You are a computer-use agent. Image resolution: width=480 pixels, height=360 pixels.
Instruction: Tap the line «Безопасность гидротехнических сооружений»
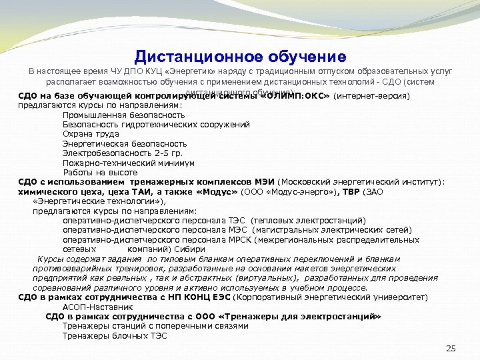click(x=156, y=124)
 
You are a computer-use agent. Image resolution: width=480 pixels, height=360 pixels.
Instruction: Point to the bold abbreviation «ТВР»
click(x=351, y=191)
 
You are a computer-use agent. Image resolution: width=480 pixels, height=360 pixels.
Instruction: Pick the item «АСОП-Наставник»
click(x=97, y=307)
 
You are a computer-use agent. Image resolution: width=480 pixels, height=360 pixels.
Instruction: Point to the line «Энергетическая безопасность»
click(x=125, y=143)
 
